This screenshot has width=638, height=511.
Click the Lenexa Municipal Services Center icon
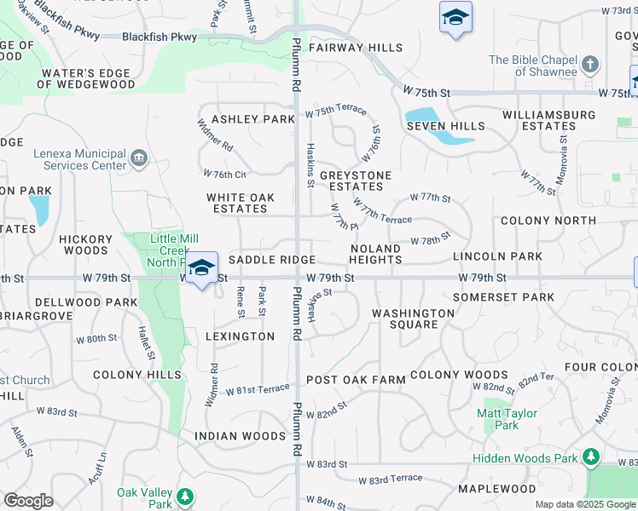pos(139,158)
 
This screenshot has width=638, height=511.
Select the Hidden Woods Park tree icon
pos(590,458)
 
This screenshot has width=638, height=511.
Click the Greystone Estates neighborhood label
pos(356,181)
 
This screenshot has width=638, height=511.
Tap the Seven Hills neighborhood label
pos(445,126)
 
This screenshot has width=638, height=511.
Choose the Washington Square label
pos(413,319)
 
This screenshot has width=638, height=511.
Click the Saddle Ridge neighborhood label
pos(272,260)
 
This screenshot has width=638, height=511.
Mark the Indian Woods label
pos(240,436)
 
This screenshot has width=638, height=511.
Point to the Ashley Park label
pos(252,119)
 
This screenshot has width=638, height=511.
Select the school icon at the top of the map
pos(455,18)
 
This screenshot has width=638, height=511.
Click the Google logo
pos(29,501)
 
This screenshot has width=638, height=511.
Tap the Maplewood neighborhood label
pos(496,489)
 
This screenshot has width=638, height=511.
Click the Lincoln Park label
pos(497,256)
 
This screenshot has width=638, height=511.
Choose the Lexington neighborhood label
pos(240,336)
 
